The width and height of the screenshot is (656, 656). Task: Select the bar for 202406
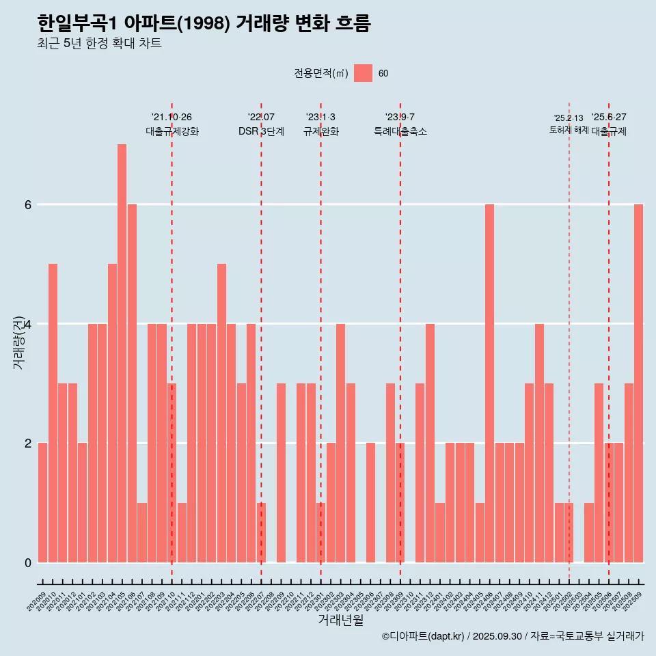[x=489, y=383]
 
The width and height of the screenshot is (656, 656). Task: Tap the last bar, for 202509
[x=638, y=383]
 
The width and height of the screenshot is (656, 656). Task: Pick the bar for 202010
[x=53, y=413]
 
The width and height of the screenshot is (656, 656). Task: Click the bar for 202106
[x=132, y=383]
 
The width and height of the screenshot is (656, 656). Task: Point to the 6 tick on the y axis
[x=27, y=204]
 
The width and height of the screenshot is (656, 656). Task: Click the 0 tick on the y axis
[x=27, y=562]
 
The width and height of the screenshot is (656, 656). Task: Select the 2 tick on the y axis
[x=27, y=443]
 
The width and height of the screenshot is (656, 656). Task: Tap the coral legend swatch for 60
[x=363, y=73]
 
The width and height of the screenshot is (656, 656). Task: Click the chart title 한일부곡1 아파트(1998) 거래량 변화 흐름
[x=204, y=24]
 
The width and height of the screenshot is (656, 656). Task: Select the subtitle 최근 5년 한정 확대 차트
[x=99, y=44]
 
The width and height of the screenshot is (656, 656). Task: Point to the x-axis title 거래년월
[x=340, y=620]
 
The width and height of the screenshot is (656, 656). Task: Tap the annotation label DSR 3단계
[x=261, y=131]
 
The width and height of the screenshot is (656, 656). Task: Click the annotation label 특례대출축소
[x=400, y=131]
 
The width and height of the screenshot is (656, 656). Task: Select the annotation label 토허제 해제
[x=569, y=129]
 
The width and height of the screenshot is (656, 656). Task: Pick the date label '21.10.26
[x=172, y=117]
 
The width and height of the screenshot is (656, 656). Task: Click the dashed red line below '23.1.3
[x=320, y=342]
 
